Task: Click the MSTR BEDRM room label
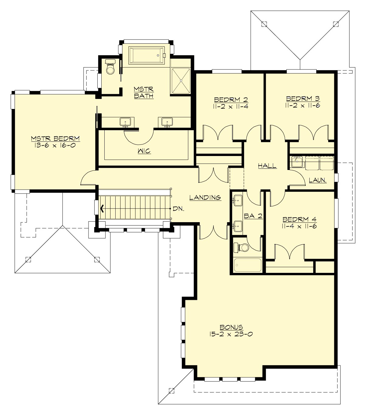tap(55, 139)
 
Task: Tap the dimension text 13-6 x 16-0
tap(55, 145)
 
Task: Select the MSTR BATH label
tap(144, 93)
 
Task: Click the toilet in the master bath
tap(110, 68)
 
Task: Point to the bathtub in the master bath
tap(146, 55)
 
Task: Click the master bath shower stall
tap(181, 81)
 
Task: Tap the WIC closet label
tap(144, 151)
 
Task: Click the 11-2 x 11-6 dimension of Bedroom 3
tap(303, 105)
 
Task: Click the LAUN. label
tap(318, 180)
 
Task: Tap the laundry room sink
tap(296, 162)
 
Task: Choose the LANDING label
tap(205, 198)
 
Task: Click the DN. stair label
tap(178, 209)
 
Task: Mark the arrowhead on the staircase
tap(103, 209)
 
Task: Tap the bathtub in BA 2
tap(248, 265)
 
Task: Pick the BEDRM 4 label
tap(300, 219)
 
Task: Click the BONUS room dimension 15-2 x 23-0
tap(231, 334)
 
